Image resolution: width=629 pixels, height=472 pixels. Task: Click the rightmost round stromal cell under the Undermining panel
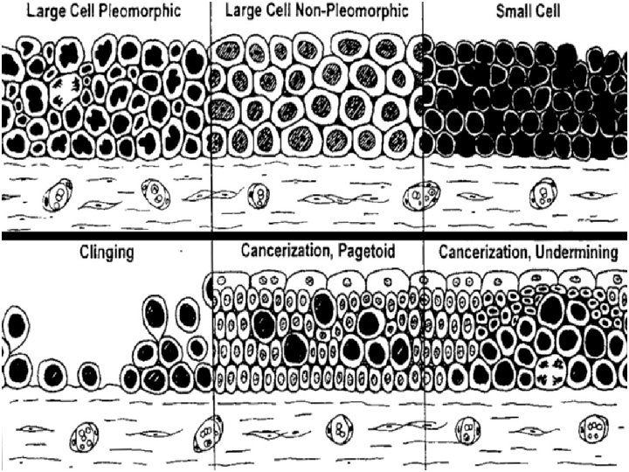tap(596, 430)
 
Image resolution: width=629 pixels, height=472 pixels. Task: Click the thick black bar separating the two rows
tap(314, 236)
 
